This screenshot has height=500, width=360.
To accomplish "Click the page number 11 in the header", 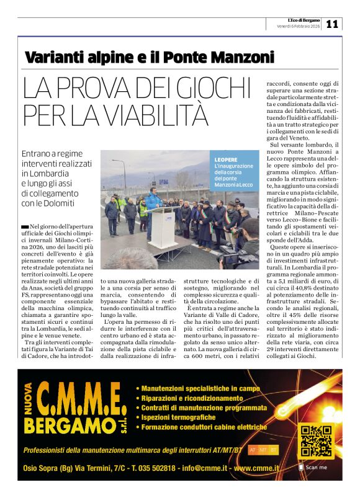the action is (x=332, y=24).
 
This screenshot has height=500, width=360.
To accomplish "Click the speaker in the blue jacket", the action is (x=151, y=205).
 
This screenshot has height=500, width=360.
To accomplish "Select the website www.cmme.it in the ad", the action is (x=257, y=468).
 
